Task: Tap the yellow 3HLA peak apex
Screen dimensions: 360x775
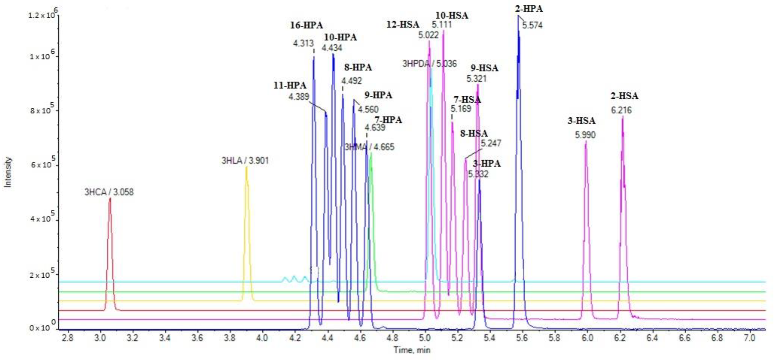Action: [247, 168]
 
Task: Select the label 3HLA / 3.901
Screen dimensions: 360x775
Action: [245, 160]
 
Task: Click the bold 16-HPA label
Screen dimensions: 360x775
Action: [306, 25]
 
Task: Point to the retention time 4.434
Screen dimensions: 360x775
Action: [332, 48]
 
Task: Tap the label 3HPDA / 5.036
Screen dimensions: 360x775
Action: [429, 64]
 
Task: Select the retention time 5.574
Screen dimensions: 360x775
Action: [532, 26]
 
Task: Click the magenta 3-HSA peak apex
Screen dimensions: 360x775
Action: [585, 142]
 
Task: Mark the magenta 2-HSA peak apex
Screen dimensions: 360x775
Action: [623, 117]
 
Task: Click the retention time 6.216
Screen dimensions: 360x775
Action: [621, 110]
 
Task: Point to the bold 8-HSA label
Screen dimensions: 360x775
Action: [474, 133]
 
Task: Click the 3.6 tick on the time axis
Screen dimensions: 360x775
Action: [197, 338]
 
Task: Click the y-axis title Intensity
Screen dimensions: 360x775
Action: [8, 172]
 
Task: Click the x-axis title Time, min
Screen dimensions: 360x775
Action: [412, 350]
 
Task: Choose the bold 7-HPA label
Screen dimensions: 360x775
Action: [388, 120]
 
